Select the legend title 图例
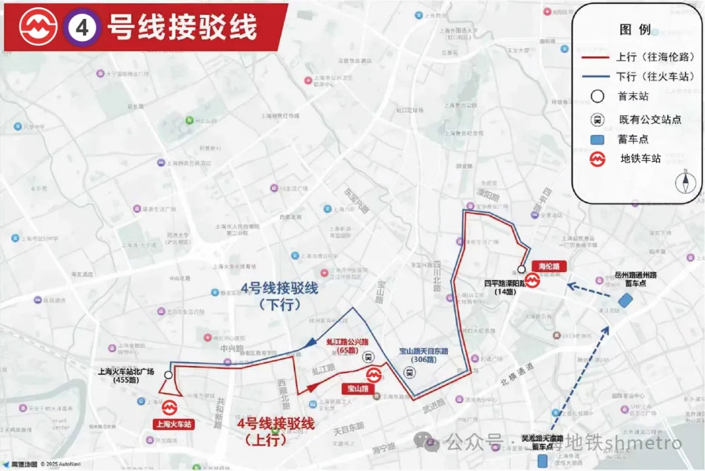coord(634,29)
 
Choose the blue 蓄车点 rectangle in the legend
coord(597,140)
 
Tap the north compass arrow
coord(685,181)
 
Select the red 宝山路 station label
coord(357,388)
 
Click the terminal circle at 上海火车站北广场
coord(169,375)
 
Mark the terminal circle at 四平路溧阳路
coord(522,269)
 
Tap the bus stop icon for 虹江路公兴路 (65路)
coord(368,357)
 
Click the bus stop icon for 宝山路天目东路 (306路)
coord(409,372)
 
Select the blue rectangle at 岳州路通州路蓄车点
coord(625,300)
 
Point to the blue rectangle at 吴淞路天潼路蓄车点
coord(542,461)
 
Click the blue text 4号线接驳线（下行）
coord(279,296)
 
